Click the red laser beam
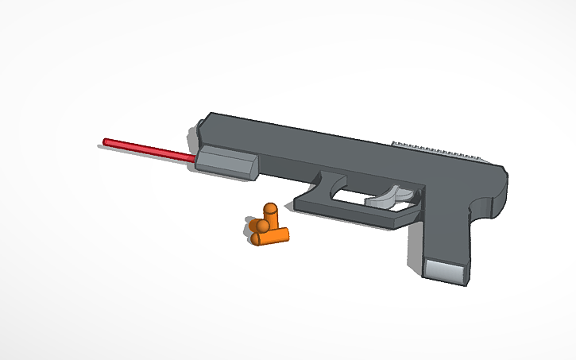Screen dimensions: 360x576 coord(147,149)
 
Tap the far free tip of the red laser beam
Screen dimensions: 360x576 coord(106,142)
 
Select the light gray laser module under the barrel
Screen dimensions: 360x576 coord(226,162)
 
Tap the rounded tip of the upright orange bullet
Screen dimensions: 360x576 coord(270,209)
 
